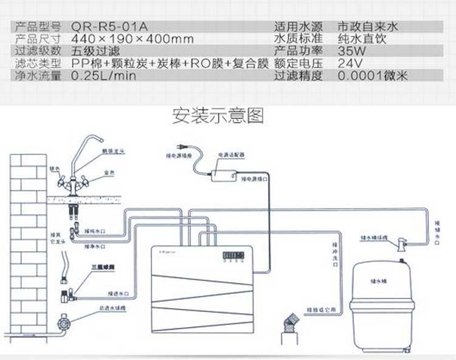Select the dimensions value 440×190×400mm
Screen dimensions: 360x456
point(133,40)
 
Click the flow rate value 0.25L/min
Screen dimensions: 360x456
point(104,77)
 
